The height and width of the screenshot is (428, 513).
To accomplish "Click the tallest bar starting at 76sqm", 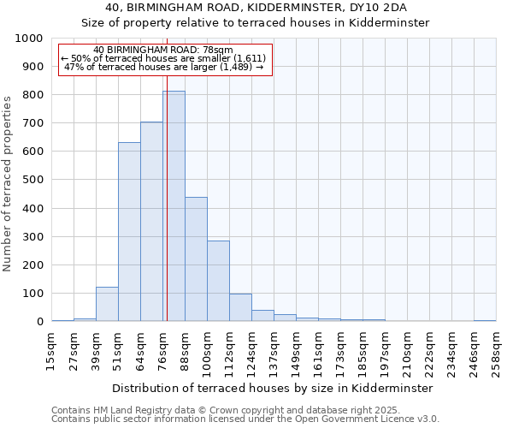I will click(x=174, y=206).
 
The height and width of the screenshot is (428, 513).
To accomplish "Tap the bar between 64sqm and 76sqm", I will click(x=151, y=222).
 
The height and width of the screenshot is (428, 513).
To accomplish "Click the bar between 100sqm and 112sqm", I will click(x=218, y=282).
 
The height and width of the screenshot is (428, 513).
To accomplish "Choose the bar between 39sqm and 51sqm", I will click(x=107, y=304).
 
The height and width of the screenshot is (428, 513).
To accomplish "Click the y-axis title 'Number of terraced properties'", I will click(x=8, y=183).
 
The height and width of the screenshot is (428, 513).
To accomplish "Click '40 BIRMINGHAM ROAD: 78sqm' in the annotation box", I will click(x=162, y=51).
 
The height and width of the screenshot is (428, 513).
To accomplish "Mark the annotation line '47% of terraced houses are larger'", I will click(x=162, y=68).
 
